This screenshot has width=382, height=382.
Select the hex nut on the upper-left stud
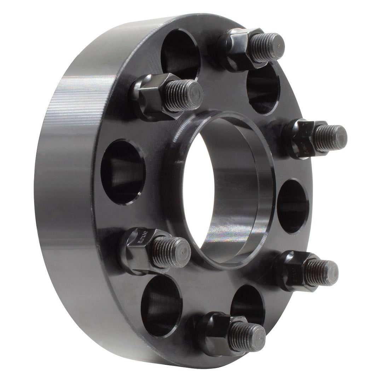(150, 94)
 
